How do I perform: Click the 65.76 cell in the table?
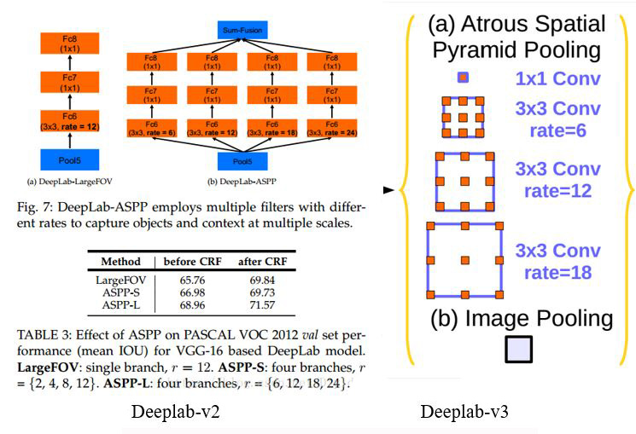tap(193, 280)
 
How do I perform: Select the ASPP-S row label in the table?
tap(121, 292)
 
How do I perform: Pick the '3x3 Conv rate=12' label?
tap(557, 180)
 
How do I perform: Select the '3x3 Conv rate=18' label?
tap(557, 261)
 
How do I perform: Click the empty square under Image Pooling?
tap(519, 350)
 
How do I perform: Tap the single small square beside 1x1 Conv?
tap(463, 78)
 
